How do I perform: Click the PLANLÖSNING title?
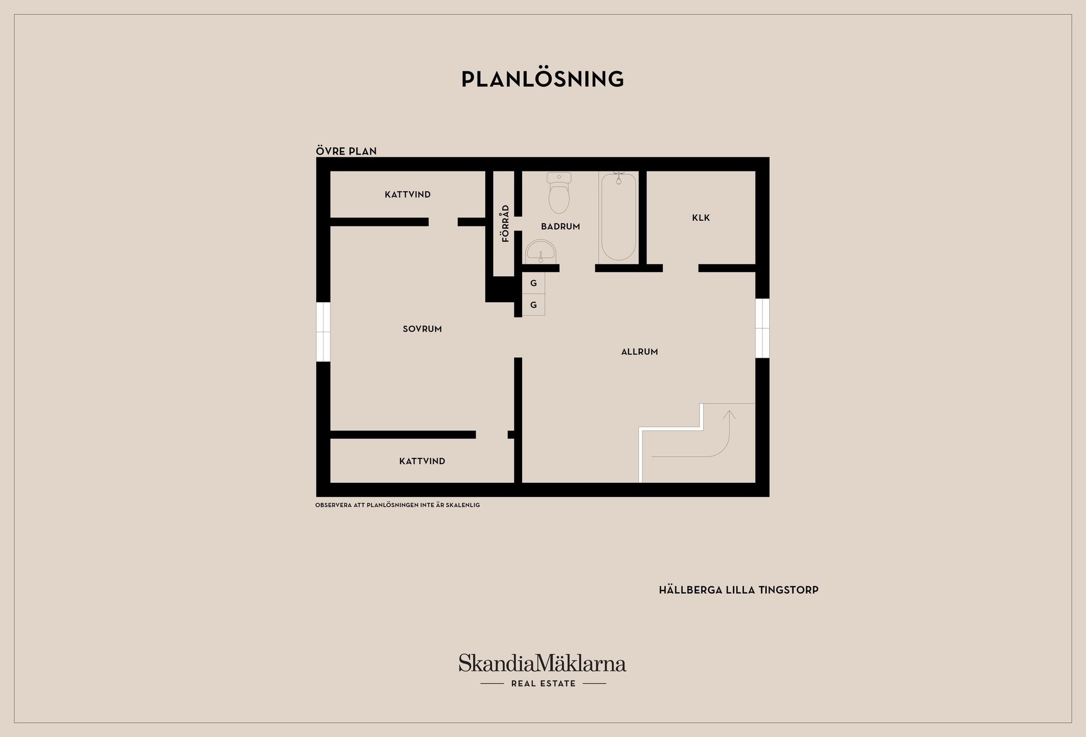(x=542, y=79)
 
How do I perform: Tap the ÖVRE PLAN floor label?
(x=346, y=151)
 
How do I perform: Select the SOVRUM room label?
(x=422, y=329)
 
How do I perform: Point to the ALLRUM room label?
(x=639, y=352)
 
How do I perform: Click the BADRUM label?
(x=560, y=226)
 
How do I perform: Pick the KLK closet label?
(x=701, y=217)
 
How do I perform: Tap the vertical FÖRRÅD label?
(x=506, y=223)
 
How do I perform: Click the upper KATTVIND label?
(x=407, y=195)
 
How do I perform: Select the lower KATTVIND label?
(x=422, y=461)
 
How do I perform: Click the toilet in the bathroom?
(x=559, y=193)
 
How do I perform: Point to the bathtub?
(x=618, y=216)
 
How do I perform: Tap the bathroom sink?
(x=540, y=251)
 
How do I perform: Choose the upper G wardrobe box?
(x=533, y=283)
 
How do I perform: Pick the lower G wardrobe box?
(x=533, y=305)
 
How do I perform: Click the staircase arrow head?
(x=729, y=414)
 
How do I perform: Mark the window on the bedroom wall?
(x=323, y=332)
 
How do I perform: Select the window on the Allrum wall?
(x=762, y=328)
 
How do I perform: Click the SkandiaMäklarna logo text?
(x=542, y=663)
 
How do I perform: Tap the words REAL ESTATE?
(x=543, y=684)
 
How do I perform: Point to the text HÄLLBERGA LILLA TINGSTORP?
(x=738, y=590)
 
